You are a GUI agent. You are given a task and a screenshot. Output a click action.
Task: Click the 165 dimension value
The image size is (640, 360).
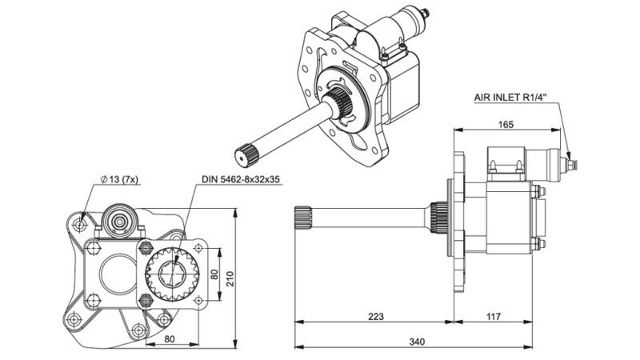(x=505, y=125)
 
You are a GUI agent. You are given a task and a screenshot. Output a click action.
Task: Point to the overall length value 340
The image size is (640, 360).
(x=417, y=342)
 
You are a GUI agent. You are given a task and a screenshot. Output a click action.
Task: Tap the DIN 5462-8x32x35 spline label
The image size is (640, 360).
(x=241, y=179)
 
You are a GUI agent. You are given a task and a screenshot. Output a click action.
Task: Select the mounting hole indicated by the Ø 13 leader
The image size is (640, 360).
(x=78, y=225)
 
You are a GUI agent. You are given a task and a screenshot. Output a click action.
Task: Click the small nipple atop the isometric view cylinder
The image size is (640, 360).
(x=424, y=12)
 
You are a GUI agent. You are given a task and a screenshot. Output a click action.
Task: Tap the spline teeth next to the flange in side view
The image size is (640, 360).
(x=438, y=216)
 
